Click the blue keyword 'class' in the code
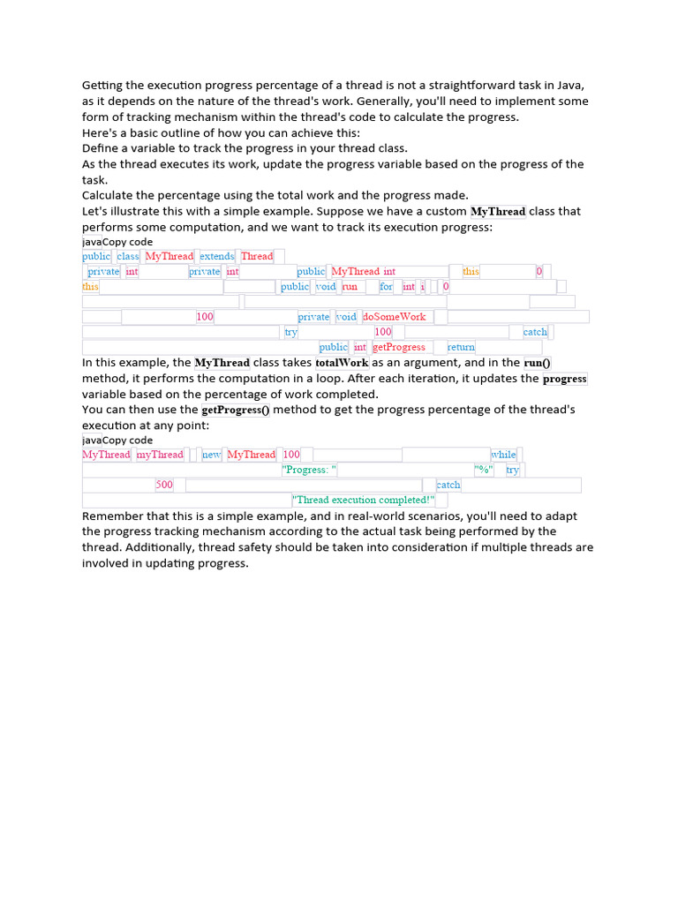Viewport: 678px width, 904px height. (x=128, y=256)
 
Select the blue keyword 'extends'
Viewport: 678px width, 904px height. (x=217, y=256)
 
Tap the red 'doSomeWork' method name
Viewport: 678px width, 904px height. (x=394, y=317)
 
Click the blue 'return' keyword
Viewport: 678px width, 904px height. (x=461, y=347)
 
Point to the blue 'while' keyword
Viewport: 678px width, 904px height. (x=504, y=455)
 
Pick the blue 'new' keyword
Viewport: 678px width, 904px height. (x=212, y=455)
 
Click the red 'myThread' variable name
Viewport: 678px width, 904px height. (x=160, y=455)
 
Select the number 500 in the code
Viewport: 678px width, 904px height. (x=164, y=485)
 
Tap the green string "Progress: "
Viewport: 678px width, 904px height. (x=310, y=470)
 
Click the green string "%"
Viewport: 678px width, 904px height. (x=484, y=470)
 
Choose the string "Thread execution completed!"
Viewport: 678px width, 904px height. (x=364, y=500)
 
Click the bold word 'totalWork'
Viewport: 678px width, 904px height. (x=342, y=363)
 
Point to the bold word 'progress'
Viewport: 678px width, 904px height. (x=564, y=379)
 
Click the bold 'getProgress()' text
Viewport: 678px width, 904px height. (x=236, y=411)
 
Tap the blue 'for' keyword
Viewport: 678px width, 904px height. (x=387, y=287)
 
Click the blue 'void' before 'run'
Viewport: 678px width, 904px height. (x=326, y=287)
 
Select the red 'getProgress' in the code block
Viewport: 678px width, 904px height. (x=399, y=347)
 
